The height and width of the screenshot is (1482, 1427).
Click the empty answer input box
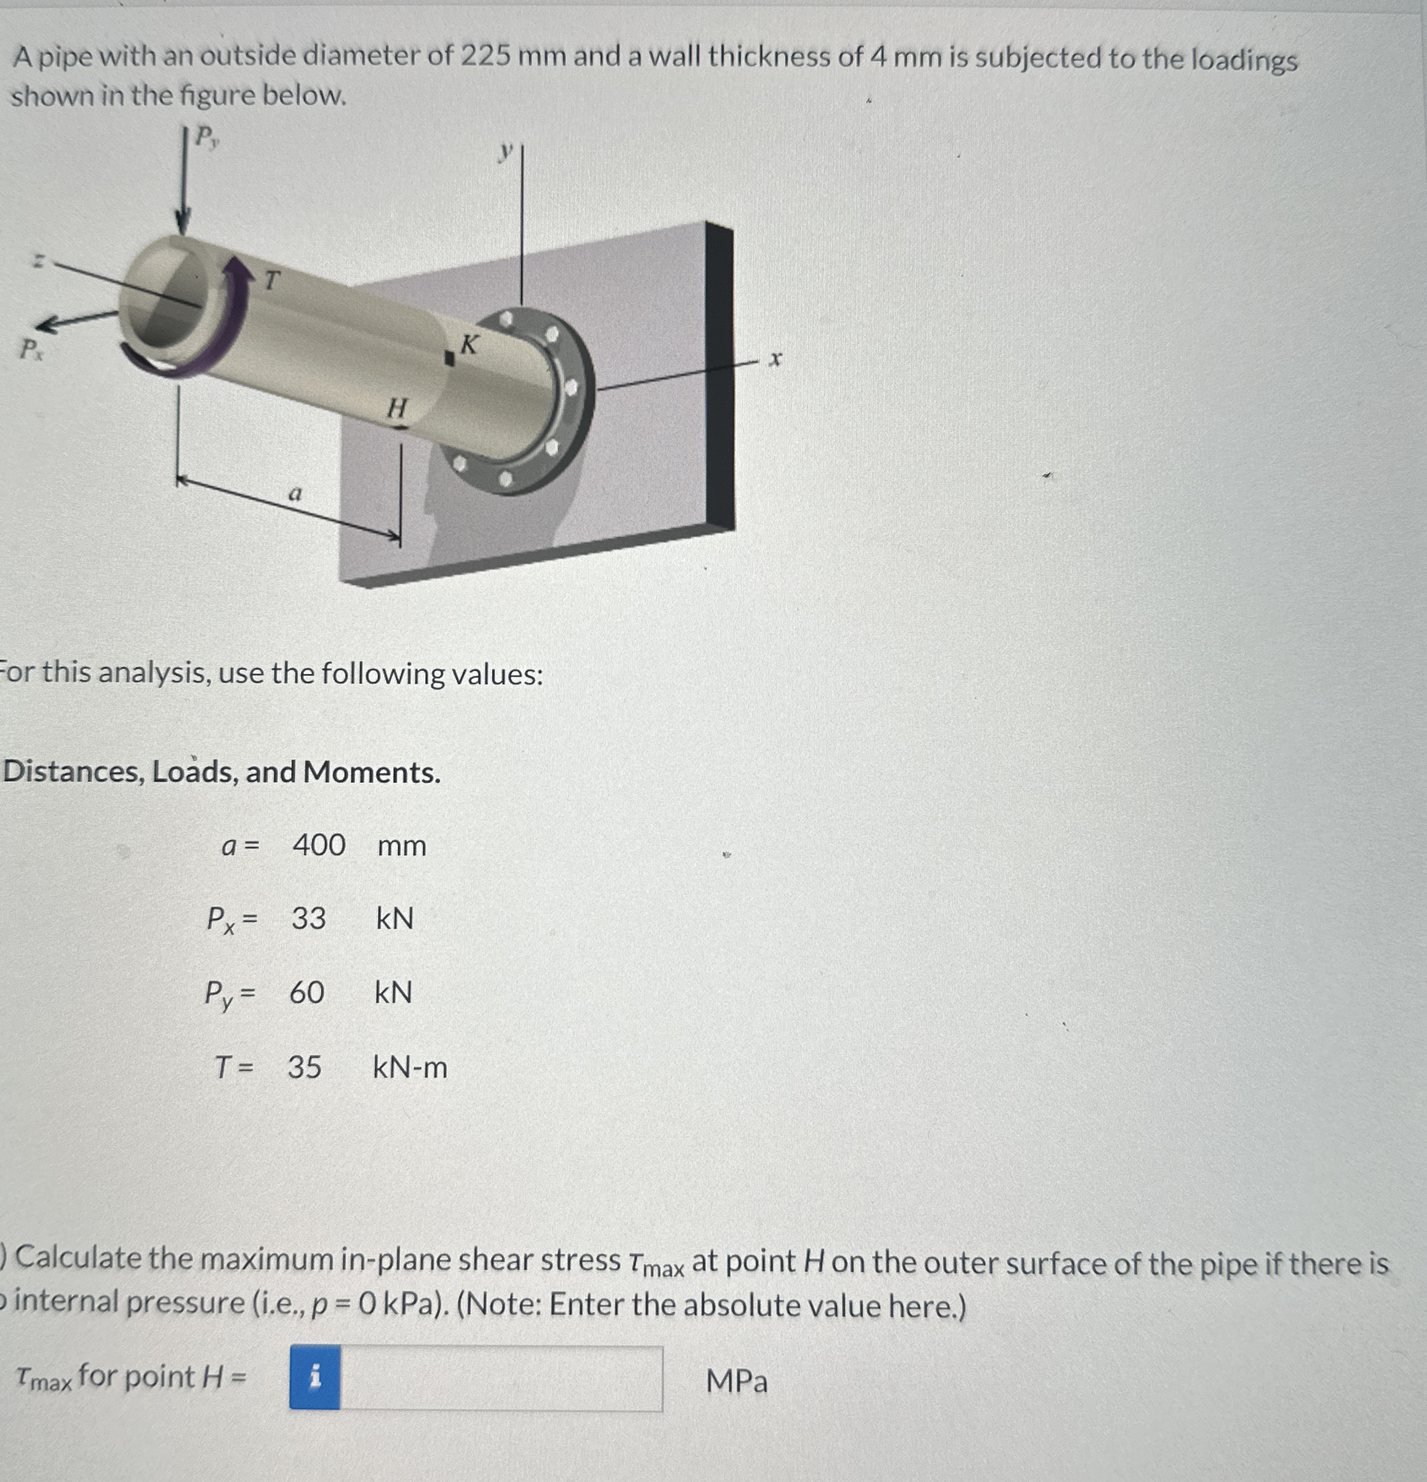point(501,1378)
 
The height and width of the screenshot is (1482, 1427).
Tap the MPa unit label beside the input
point(736,1382)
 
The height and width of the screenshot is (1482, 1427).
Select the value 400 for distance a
point(319,845)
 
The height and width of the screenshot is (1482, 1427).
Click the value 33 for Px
point(309,918)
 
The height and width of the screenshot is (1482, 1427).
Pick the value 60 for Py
point(307,992)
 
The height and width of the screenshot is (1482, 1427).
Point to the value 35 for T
point(304,1067)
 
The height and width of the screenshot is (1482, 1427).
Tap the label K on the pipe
point(469,345)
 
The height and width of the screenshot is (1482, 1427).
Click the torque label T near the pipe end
point(271,281)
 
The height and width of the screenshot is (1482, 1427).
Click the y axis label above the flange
point(505,151)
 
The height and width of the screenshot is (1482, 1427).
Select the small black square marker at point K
point(449,359)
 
